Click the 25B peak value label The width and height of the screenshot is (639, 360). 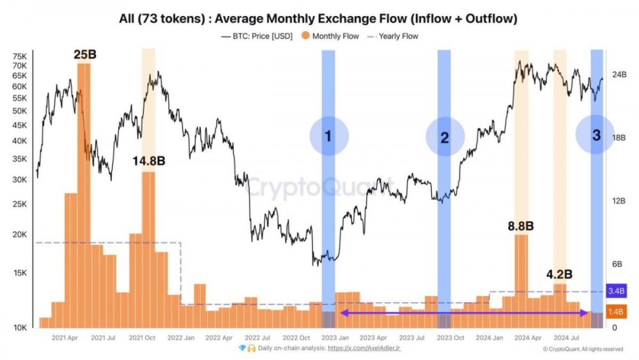[x=84, y=55]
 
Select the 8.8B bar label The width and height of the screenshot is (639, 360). [x=520, y=226]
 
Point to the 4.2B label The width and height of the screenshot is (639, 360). [x=559, y=274]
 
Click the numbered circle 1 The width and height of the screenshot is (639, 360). [x=329, y=136]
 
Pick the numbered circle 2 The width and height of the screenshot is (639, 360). [x=444, y=137]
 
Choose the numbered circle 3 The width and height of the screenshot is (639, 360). [x=596, y=135]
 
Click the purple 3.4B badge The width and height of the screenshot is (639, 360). [x=617, y=292]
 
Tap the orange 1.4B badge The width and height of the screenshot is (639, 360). [x=617, y=311]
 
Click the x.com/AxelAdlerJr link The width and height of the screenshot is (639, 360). [x=364, y=348]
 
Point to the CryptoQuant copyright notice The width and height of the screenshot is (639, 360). [x=583, y=349]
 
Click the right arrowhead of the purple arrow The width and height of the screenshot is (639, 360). [x=585, y=313]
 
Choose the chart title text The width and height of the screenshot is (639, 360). [x=318, y=19]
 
